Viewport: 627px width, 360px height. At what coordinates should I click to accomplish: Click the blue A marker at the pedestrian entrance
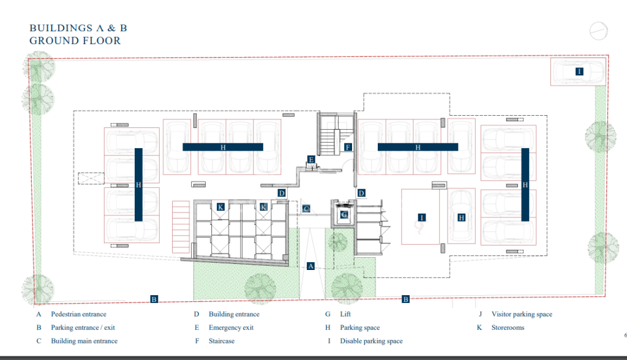(310, 266)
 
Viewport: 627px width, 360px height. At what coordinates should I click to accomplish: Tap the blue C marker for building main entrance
(306, 208)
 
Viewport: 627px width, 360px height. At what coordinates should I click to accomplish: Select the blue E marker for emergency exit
(311, 160)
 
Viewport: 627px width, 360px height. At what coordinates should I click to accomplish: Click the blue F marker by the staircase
(348, 147)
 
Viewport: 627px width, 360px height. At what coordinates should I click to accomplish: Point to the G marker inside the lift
(344, 215)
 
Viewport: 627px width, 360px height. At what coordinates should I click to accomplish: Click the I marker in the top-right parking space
(579, 72)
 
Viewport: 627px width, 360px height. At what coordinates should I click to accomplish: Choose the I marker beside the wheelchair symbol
(421, 217)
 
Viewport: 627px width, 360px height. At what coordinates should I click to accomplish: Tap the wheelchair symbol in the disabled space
(419, 228)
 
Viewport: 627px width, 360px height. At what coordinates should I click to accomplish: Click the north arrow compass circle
(599, 31)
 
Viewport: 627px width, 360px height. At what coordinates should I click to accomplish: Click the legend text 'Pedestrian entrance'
(79, 315)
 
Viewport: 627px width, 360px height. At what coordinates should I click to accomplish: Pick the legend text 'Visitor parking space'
(522, 315)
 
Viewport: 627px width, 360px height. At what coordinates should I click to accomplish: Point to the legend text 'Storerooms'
(508, 328)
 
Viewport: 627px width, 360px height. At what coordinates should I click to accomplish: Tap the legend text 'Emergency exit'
(231, 328)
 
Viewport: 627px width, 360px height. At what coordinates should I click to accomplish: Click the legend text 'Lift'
(345, 315)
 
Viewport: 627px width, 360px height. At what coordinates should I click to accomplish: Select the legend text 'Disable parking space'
(372, 341)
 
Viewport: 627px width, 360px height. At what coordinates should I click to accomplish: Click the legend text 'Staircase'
(222, 341)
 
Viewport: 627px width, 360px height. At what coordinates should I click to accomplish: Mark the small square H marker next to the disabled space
(462, 217)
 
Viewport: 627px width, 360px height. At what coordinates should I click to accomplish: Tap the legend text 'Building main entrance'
(84, 341)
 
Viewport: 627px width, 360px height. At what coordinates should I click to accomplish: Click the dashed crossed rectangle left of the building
(91, 178)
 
